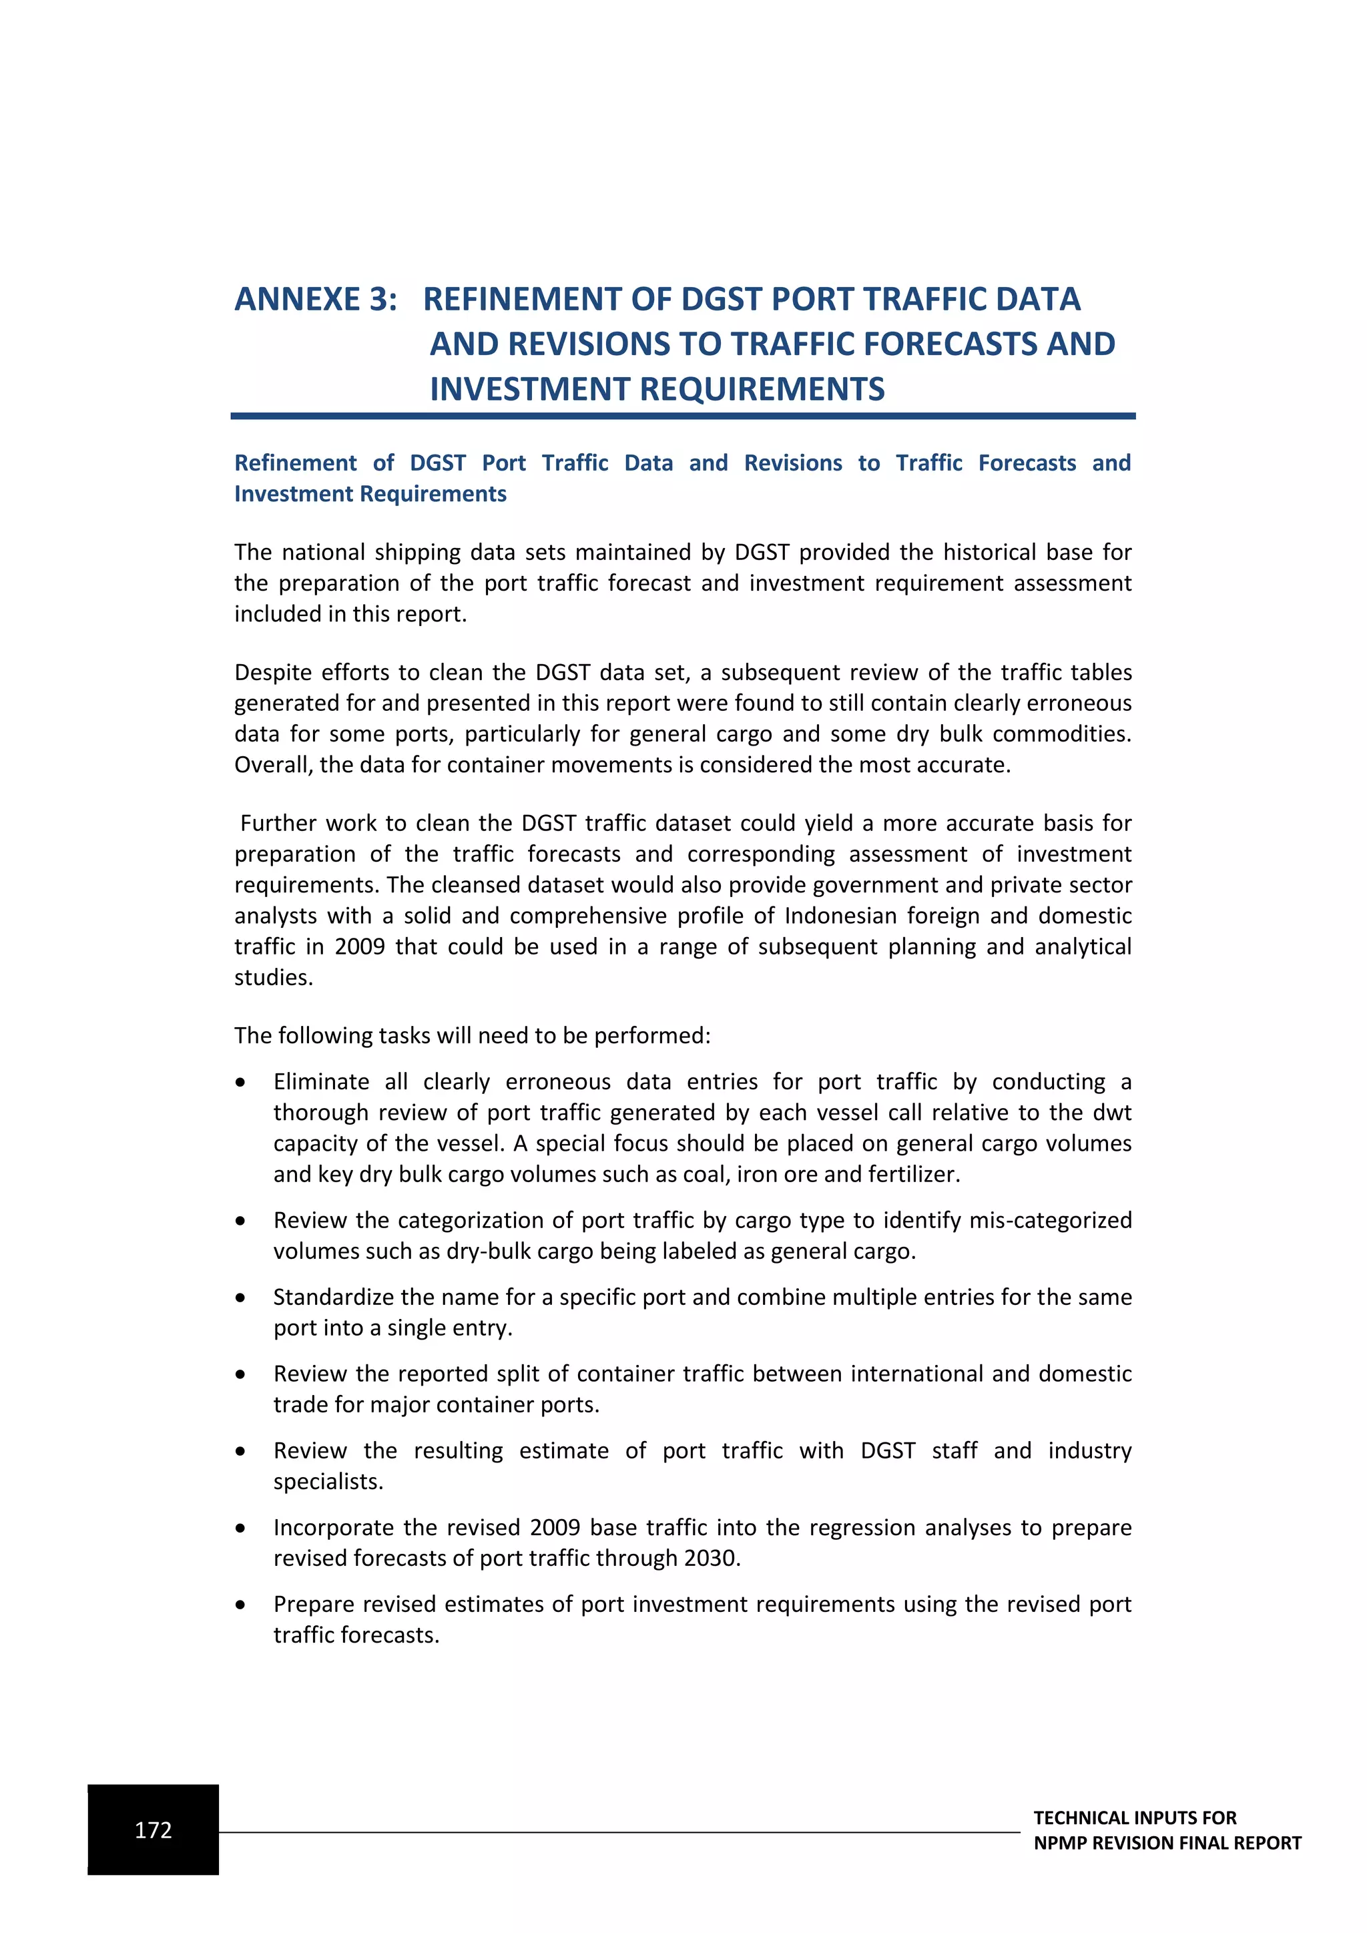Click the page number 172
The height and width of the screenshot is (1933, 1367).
[154, 1830]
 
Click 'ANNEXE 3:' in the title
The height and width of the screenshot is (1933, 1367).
[316, 300]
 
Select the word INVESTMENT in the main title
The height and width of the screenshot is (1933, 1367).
[529, 390]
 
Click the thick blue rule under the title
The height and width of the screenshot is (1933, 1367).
[683, 416]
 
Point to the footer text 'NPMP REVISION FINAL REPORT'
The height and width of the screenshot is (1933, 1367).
[1167, 1842]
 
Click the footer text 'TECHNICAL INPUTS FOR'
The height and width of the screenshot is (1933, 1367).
[1135, 1817]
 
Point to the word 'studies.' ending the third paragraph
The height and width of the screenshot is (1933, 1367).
[274, 977]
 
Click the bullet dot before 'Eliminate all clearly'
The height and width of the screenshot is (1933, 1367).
[241, 1083]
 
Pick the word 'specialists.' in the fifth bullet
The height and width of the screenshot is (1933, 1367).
[328, 1481]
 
